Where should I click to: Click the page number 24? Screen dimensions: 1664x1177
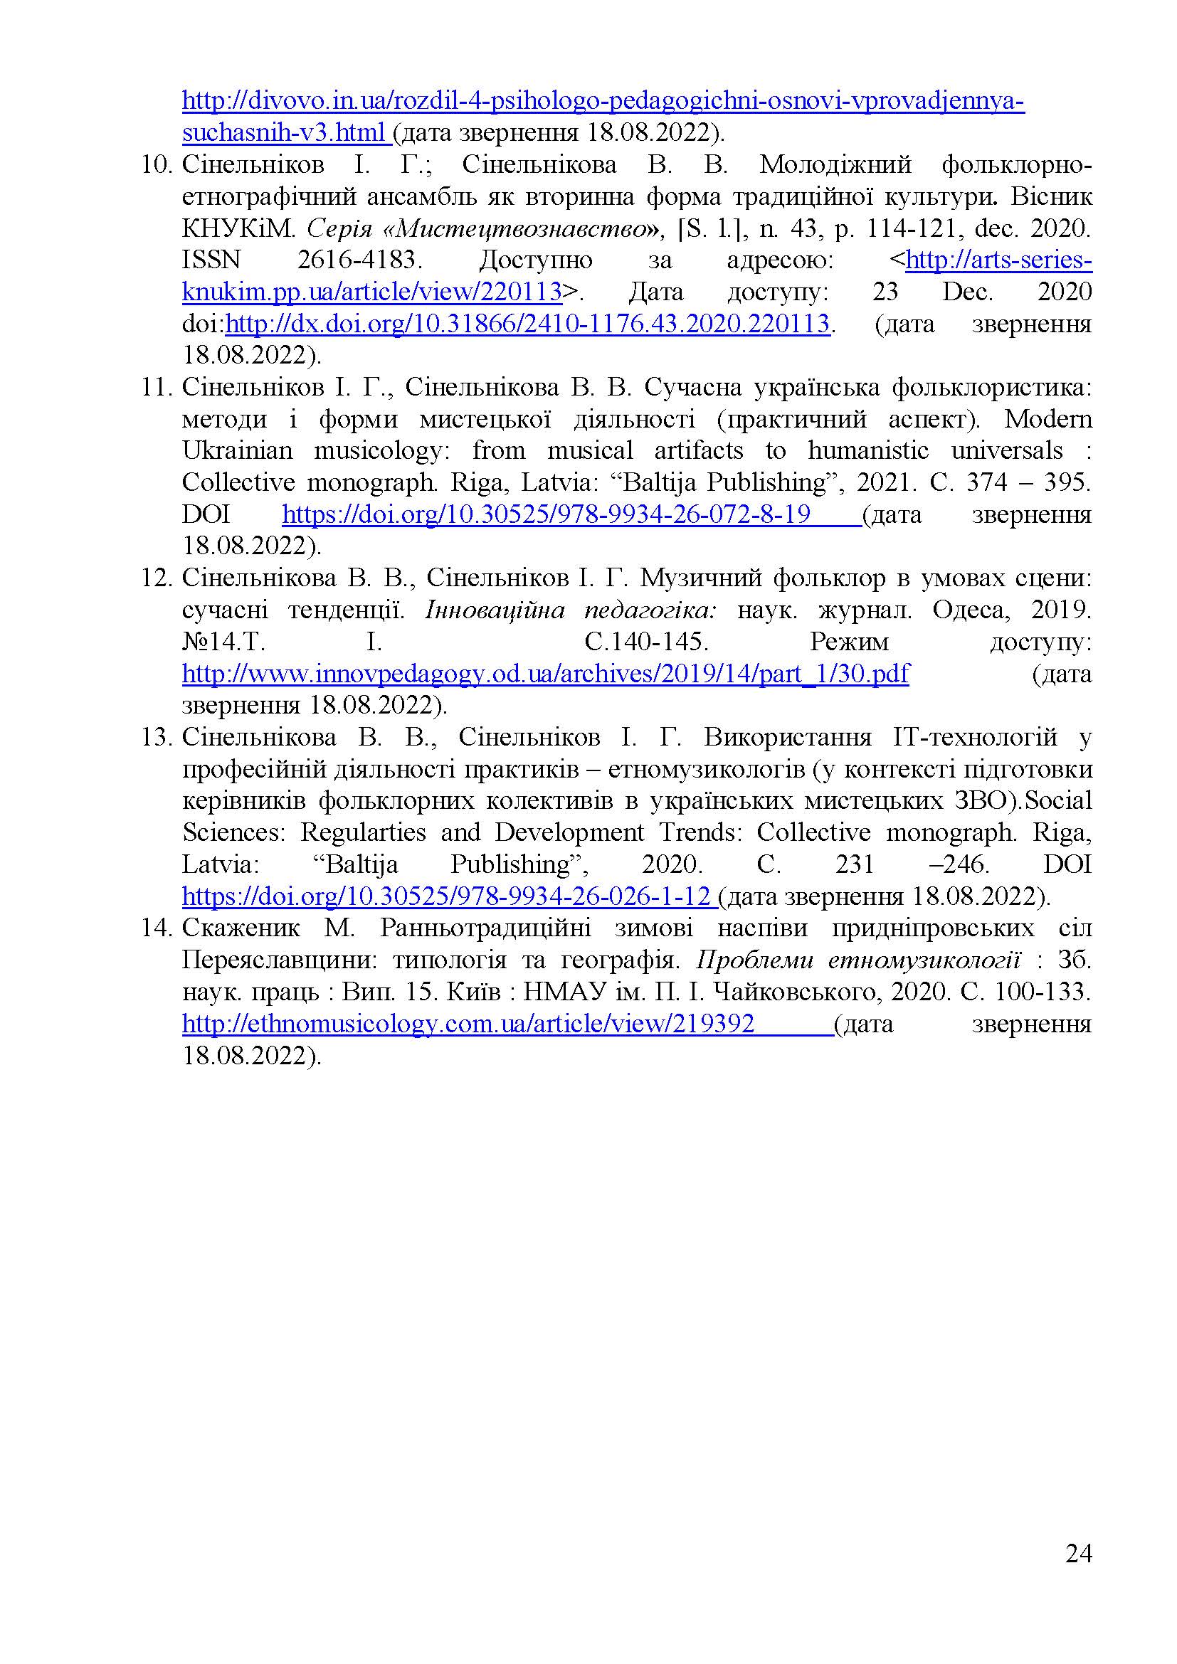[1078, 1553]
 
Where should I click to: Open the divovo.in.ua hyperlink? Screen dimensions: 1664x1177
[602, 101]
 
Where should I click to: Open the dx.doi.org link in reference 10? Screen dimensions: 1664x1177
[527, 323]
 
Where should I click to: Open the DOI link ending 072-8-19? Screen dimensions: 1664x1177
[547, 514]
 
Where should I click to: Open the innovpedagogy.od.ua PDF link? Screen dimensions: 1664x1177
[545, 674]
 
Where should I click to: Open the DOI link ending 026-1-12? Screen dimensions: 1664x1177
[445, 896]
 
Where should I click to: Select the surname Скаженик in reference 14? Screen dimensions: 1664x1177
[237, 928]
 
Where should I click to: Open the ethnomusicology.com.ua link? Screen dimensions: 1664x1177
[468, 1024]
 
